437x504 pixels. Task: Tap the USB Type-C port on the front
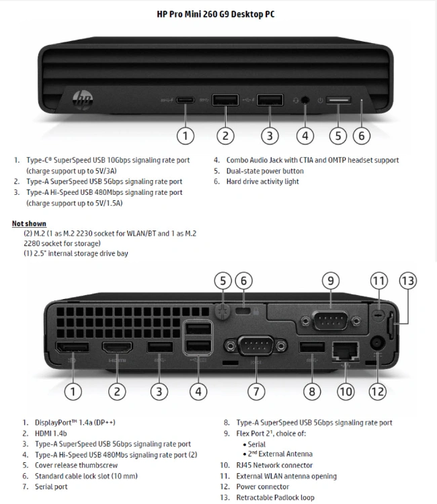186,101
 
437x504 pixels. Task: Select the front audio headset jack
306,101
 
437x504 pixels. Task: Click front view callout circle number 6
361,135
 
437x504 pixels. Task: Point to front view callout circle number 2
225,135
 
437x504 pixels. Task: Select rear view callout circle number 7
256,390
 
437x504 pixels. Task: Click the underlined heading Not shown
29,223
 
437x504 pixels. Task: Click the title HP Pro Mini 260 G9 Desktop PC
218,13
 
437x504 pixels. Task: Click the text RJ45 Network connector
274,465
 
